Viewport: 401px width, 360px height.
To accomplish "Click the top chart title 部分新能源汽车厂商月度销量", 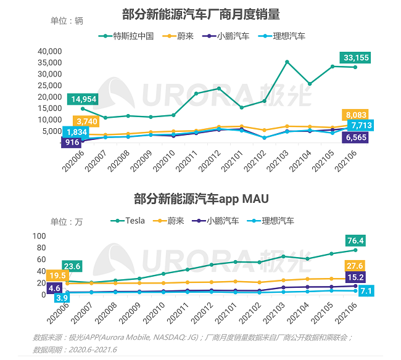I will coord(201,14).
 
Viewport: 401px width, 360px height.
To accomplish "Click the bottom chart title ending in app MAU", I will coord(201,198).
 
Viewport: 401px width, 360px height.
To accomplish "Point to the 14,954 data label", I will coord(83,99).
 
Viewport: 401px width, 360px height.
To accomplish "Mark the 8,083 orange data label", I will coord(357,115).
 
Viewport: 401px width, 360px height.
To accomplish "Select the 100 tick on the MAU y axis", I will coord(38,236).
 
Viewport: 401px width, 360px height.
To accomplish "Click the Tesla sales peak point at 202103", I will coord(287,62).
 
